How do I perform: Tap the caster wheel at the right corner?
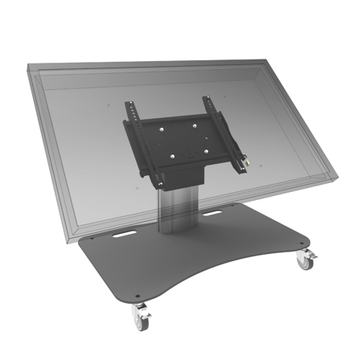tap(305, 259)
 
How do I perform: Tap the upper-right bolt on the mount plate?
tap(193, 121)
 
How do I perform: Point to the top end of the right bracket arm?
tap(206, 100)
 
